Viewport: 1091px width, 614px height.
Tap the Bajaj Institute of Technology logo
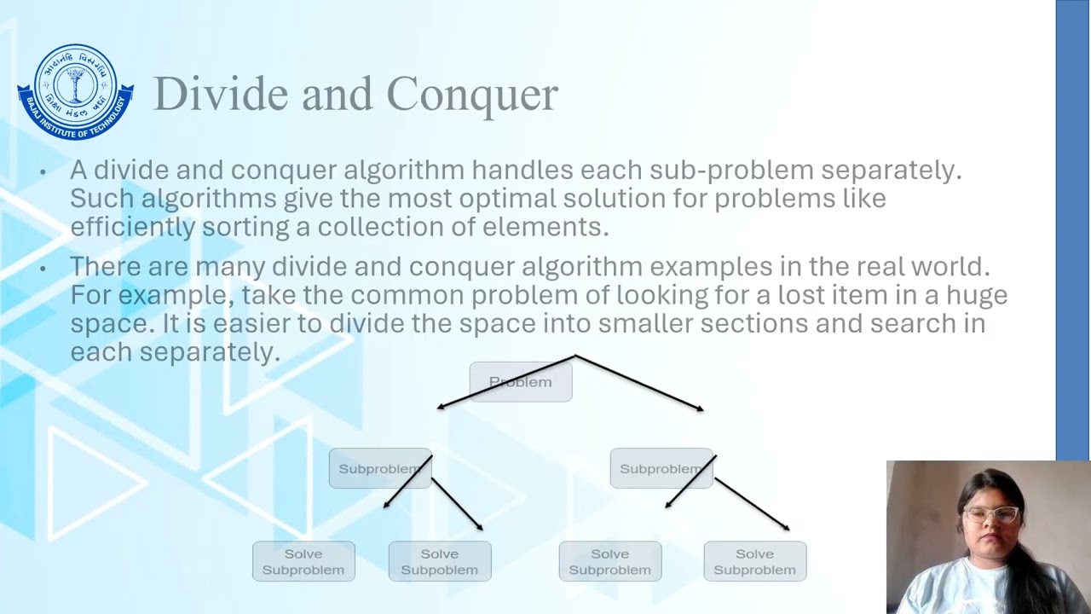click(75, 92)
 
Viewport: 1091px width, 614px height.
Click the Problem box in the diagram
click(520, 382)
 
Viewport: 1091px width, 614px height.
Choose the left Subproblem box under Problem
click(379, 468)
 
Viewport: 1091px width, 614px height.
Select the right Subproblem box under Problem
click(661, 468)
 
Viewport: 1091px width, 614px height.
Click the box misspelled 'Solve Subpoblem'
click(440, 561)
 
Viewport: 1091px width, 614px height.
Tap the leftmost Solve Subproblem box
click(303, 561)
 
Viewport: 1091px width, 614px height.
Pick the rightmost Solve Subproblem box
click(754, 561)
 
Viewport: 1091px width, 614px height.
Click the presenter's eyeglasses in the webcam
click(991, 514)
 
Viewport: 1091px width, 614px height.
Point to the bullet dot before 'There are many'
click(43, 268)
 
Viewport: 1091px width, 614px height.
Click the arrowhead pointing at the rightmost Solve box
click(785, 528)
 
